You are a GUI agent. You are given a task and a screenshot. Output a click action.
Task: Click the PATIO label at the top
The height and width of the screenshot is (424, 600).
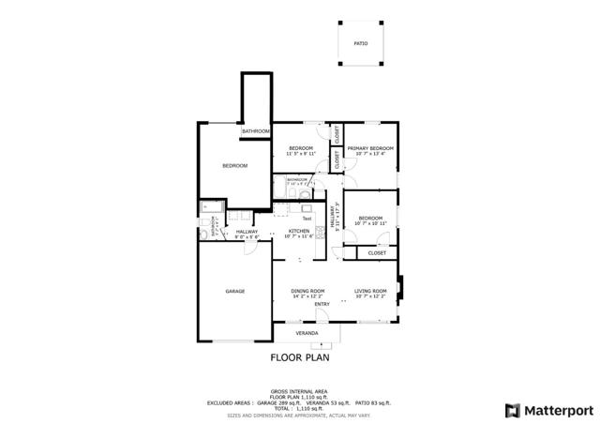click(360, 44)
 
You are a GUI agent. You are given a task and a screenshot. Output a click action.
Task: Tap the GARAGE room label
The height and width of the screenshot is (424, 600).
click(234, 291)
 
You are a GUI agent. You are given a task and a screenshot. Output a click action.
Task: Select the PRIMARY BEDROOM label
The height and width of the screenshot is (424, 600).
click(369, 149)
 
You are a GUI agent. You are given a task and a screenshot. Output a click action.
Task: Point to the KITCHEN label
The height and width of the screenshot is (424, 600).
click(299, 230)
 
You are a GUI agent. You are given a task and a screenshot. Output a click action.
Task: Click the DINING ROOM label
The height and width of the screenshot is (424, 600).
click(307, 291)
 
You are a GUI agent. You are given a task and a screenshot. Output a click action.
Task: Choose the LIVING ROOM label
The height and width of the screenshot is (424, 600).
click(370, 291)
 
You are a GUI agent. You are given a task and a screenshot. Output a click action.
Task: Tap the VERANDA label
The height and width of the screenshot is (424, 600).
click(307, 333)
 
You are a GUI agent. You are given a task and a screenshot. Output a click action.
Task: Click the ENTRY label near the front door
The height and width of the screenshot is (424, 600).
click(322, 304)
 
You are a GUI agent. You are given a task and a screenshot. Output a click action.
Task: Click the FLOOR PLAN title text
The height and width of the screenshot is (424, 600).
click(300, 357)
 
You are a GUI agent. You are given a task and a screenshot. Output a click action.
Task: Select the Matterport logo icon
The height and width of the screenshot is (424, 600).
click(511, 410)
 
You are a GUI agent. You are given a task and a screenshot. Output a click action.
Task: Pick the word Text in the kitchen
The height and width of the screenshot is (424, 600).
click(307, 219)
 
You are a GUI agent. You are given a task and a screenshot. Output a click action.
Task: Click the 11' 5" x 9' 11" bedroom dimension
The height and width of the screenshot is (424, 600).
click(300, 154)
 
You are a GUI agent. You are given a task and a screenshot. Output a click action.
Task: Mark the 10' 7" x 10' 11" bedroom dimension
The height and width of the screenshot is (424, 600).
click(370, 223)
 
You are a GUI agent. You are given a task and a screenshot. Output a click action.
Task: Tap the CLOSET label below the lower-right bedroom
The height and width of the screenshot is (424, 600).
click(377, 252)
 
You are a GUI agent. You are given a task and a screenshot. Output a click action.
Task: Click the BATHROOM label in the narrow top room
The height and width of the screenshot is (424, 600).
click(256, 130)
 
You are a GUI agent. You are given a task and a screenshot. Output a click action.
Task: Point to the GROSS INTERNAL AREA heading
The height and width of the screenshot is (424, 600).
click(299, 390)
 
